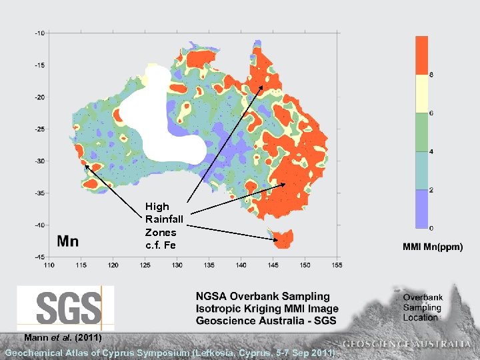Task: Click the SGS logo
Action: pyautogui.click(x=65, y=307)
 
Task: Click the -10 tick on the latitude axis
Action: pyautogui.click(x=40, y=33)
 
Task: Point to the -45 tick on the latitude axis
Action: pyautogui.click(x=40, y=257)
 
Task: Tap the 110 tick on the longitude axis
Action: pyautogui.click(x=49, y=265)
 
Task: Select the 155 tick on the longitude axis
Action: pyautogui.click(x=336, y=265)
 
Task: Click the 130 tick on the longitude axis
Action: pyautogui.click(x=177, y=265)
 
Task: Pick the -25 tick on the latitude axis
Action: pyautogui.click(x=40, y=129)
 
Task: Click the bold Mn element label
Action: pyautogui.click(x=67, y=242)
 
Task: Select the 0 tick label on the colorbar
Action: pyautogui.click(x=431, y=228)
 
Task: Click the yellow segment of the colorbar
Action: pyautogui.click(x=421, y=93)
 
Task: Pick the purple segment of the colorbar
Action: pyautogui.click(x=421, y=209)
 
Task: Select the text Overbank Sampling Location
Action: pyautogui.click(x=422, y=307)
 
